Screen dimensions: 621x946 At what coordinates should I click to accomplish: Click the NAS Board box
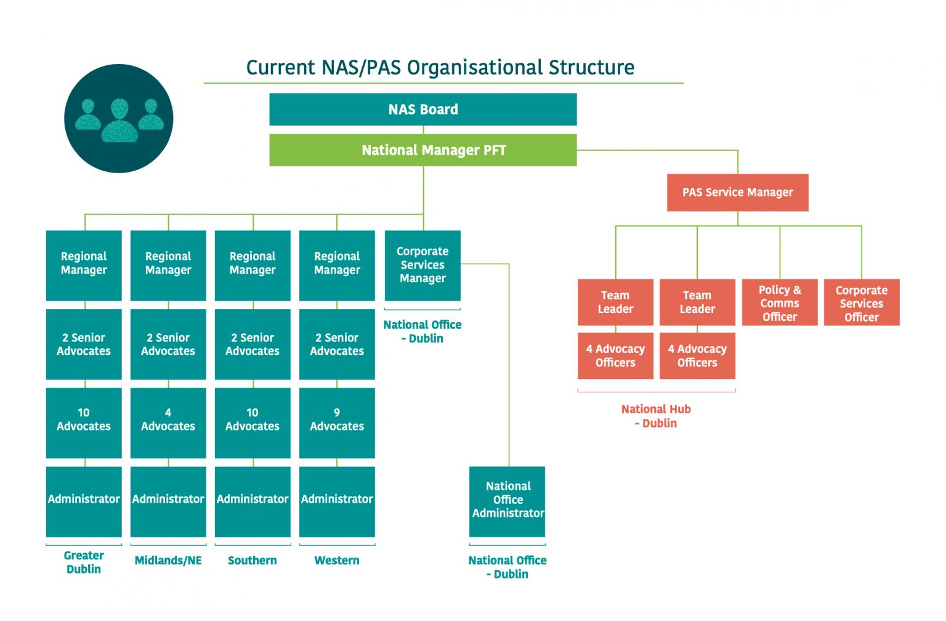422,110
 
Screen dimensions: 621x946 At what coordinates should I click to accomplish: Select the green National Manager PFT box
422,150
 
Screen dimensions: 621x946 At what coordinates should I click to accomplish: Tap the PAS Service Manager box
737,192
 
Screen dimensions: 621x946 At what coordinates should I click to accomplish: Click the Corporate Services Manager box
422,265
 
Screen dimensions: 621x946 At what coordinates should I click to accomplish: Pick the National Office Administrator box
507,500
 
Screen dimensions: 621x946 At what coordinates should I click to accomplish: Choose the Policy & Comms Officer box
779,302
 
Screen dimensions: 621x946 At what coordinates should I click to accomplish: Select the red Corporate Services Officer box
861,302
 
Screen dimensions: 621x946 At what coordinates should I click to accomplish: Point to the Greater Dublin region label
84,562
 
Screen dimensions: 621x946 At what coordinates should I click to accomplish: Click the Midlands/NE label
168,561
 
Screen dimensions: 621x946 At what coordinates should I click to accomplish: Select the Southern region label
253,561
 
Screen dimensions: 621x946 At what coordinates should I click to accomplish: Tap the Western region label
337,561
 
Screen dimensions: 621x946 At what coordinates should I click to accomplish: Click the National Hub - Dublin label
656,416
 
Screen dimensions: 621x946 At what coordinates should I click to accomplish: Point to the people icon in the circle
119,118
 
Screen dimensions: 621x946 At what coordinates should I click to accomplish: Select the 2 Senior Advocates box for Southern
253,344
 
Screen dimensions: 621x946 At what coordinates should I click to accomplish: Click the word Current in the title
281,67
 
